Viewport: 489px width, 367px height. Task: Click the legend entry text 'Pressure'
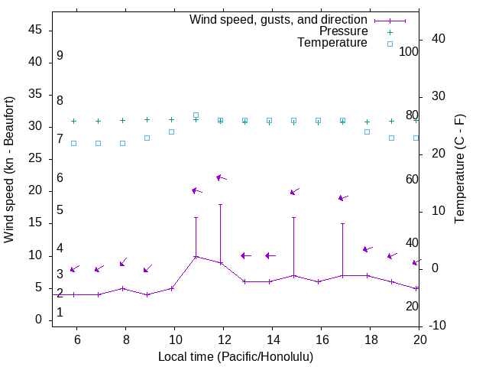click(x=343, y=31)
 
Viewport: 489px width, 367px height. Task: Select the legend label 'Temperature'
click(x=332, y=43)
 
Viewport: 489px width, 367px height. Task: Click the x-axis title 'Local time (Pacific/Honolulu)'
click(x=235, y=356)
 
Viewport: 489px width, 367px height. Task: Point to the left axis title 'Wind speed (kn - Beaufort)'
click(x=9, y=170)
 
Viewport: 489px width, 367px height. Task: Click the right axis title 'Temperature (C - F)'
click(x=459, y=170)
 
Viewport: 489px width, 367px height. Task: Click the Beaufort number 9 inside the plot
click(x=60, y=56)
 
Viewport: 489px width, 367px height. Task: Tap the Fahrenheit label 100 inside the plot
click(x=409, y=51)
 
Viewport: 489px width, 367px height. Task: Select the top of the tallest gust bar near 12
click(x=221, y=204)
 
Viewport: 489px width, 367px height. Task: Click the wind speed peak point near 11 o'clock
click(x=196, y=256)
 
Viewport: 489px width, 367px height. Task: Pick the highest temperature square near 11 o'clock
click(x=196, y=115)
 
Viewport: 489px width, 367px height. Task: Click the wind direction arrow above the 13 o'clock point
click(x=246, y=255)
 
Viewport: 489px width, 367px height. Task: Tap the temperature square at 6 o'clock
click(x=74, y=143)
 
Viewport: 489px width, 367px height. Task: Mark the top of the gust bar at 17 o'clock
click(x=343, y=223)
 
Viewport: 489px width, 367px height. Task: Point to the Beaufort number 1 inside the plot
click(x=60, y=312)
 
